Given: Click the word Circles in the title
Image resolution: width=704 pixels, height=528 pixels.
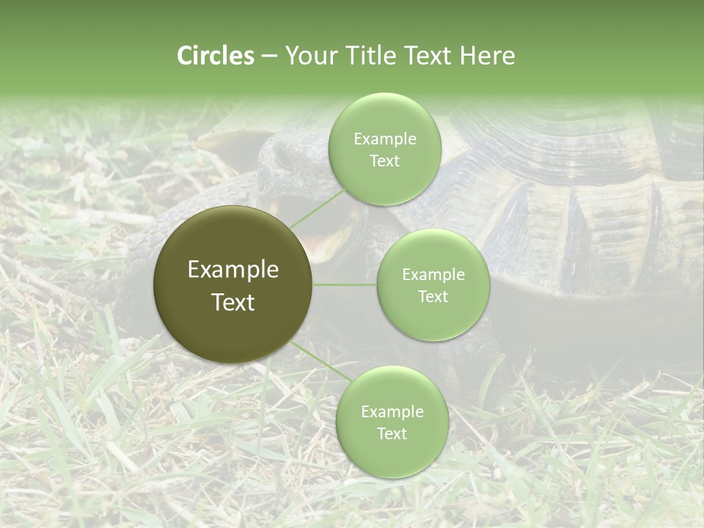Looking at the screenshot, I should (215, 56).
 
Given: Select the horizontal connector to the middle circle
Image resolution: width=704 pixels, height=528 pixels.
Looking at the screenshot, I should (345, 285).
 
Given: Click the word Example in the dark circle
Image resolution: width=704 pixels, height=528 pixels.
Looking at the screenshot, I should (233, 270).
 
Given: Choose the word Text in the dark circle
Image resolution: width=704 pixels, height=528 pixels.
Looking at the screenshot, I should (233, 302).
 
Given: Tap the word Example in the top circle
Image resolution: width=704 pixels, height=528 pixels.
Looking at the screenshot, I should (384, 139).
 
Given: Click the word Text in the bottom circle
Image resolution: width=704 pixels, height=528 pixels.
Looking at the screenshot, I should (392, 433).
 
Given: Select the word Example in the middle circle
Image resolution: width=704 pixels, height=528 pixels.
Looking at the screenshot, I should (433, 274).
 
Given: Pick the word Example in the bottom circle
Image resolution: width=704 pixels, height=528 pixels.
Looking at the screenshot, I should (392, 411).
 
